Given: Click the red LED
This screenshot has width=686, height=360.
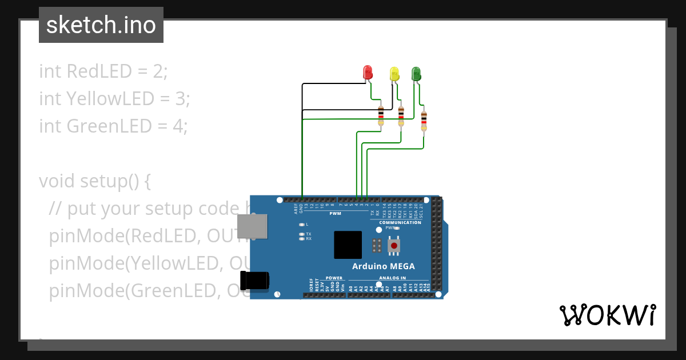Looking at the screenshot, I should click(368, 73).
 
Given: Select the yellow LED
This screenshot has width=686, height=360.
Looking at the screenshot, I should click(394, 74).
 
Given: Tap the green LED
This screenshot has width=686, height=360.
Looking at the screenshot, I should click(416, 73).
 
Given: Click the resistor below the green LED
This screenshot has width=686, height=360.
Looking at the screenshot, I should click(424, 121).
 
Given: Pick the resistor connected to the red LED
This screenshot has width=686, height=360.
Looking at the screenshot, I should click(381, 115).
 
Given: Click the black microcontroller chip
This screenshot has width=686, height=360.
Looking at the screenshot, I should click(348, 245).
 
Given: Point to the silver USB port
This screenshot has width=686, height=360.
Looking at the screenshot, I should click(252, 226).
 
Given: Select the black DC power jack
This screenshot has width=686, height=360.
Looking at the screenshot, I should click(255, 281).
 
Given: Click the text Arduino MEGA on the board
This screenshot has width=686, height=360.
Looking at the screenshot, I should click(383, 266).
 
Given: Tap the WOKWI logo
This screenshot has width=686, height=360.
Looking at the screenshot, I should click(607, 315).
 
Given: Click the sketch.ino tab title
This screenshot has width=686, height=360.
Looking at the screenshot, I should click(101, 25).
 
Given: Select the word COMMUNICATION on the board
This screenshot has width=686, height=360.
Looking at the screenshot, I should click(400, 222).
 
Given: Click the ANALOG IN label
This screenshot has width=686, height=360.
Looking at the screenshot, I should click(392, 278).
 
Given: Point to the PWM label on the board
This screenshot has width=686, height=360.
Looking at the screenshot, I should click(335, 213).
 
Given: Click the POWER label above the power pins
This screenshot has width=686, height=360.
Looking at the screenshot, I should click(334, 278).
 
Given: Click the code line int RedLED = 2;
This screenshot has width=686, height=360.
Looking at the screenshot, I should click(103, 71).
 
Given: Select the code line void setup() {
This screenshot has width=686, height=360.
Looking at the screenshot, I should click(95, 181).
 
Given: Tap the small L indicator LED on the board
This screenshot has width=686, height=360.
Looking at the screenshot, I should click(302, 225).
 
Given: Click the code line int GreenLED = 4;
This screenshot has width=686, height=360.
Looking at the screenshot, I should click(113, 126).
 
